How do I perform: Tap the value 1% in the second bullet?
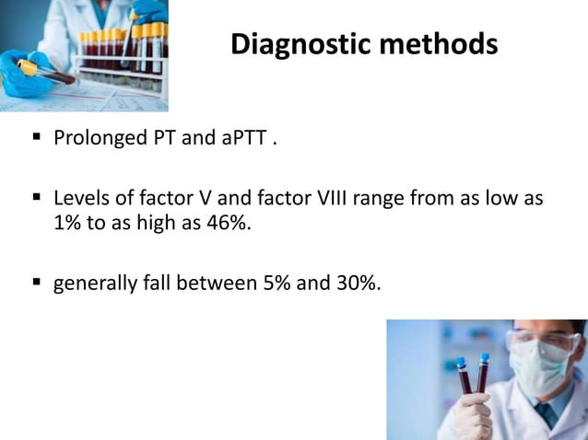pos(68,223)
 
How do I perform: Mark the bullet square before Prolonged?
pos(36,140)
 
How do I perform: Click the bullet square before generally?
pos(36,283)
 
